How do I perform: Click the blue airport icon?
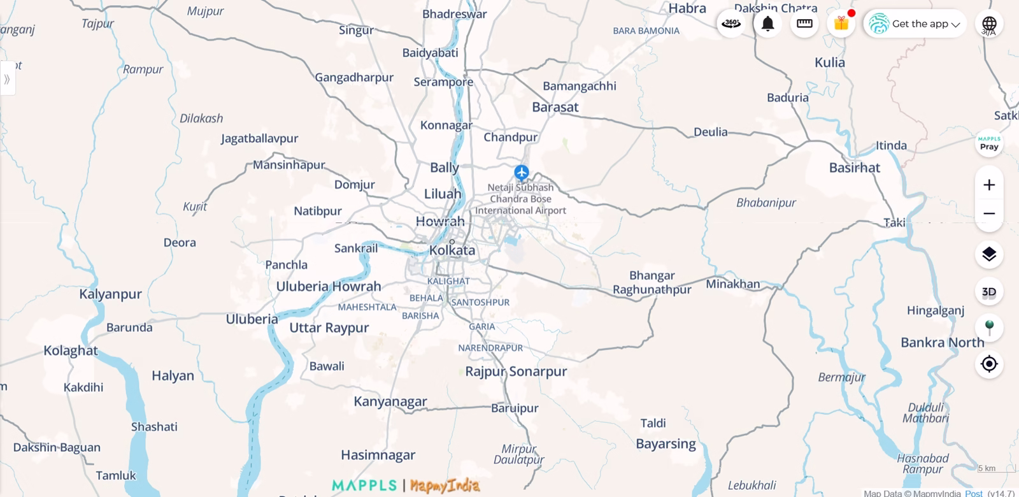(522, 172)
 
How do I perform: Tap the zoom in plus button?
(989, 185)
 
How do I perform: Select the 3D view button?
(989, 292)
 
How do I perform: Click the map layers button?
(989, 254)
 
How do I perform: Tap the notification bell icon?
(768, 24)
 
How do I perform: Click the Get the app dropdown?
(915, 24)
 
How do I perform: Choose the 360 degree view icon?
(731, 24)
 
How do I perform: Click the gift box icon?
(841, 24)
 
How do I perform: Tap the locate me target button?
(989, 364)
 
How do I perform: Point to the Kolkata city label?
(452, 250)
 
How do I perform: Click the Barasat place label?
(555, 107)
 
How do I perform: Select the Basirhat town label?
(854, 168)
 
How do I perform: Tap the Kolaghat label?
(71, 350)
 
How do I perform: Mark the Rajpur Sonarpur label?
(516, 371)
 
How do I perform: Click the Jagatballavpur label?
(259, 138)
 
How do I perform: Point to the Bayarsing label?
(666, 443)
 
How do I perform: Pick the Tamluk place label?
(116, 475)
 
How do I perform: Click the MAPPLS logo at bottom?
(364, 486)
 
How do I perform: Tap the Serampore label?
(443, 82)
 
